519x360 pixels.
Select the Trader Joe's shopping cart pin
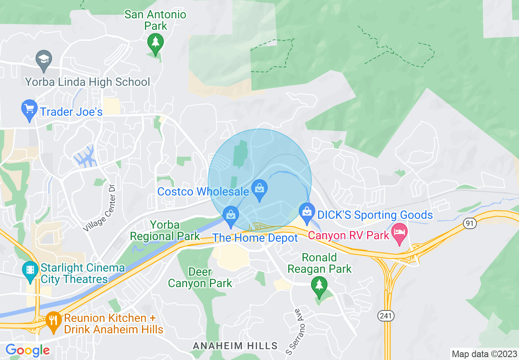click(29, 110)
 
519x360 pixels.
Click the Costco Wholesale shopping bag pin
click(259, 189)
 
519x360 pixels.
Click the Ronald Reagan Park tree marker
click(319, 285)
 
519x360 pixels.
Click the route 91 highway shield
click(469, 223)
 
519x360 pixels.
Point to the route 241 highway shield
click(384, 316)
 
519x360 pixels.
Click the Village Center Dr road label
click(99, 208)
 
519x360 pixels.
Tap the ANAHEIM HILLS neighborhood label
click(235, 346)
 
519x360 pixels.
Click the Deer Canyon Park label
click(200, 277)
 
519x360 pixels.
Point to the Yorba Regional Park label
click(165, 230)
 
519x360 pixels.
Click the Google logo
click(27, 351)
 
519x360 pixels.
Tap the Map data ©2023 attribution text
click(483, 353)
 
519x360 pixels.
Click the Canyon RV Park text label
click(348, 236)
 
